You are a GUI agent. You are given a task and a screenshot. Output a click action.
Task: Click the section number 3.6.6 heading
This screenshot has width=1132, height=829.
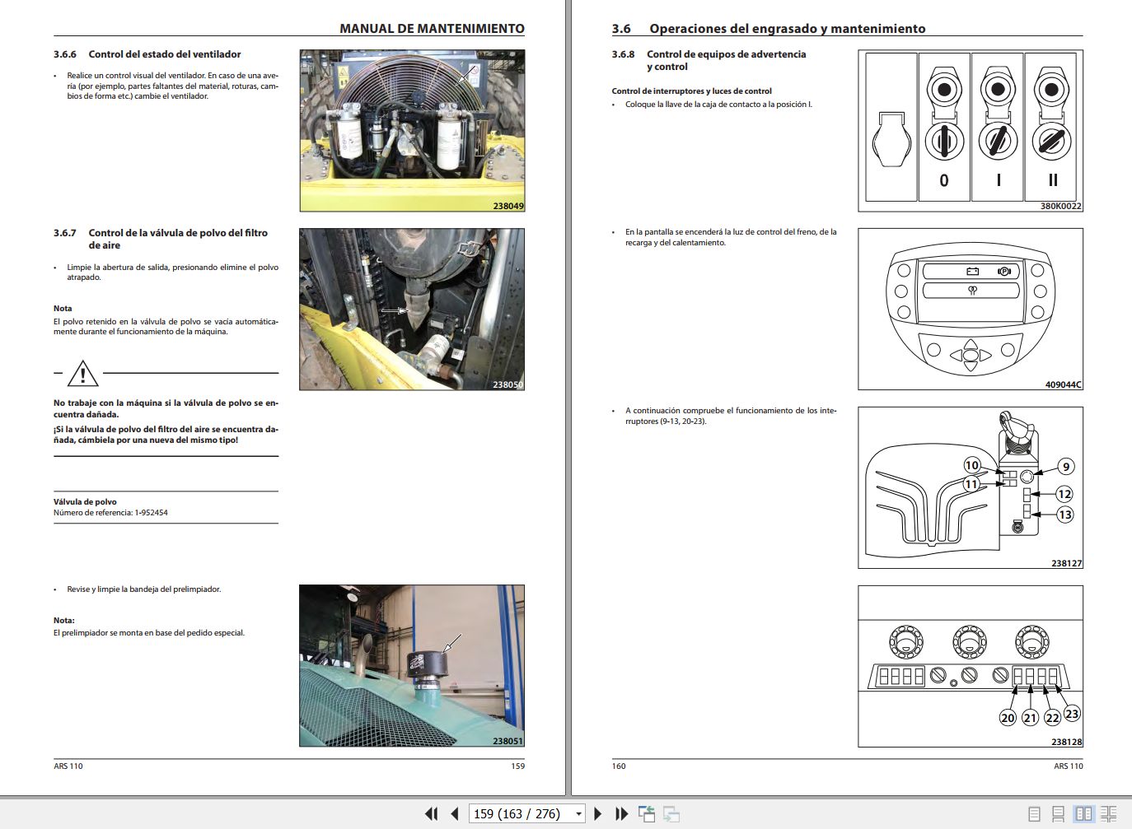pos(65,54)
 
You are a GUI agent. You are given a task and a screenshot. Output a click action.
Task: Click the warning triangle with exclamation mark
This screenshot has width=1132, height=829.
pos(83,375)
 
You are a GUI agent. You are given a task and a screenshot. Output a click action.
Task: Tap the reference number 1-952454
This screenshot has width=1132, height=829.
pos(151,513)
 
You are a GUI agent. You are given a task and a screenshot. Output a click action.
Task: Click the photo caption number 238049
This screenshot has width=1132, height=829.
pos(508,206)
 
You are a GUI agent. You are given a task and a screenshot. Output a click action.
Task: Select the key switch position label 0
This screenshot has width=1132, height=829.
pos(944,180)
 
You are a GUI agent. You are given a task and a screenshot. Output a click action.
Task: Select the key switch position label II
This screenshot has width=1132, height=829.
pos(1052,180)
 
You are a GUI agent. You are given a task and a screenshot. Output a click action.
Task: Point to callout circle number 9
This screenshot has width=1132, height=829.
pos(1065,467)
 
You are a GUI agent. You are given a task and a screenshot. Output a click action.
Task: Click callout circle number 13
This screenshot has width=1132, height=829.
pos(1064,515)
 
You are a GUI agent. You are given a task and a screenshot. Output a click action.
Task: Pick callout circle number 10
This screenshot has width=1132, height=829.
pos(972,465)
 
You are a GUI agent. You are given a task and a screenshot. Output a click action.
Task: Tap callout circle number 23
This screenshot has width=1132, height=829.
pos(1071,714)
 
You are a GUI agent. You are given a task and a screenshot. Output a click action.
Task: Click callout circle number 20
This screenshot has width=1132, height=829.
pos(1008,718)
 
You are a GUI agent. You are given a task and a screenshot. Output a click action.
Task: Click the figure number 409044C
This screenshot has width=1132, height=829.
pos(1063,384)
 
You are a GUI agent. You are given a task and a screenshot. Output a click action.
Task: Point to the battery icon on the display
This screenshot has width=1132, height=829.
pos(972,271)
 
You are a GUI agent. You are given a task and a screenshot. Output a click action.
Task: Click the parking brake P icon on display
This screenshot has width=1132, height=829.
pos(1003,271)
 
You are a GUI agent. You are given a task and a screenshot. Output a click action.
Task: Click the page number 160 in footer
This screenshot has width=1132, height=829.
pos(619,766)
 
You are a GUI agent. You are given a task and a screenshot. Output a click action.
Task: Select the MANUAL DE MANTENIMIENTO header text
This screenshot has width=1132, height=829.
pos(432,29)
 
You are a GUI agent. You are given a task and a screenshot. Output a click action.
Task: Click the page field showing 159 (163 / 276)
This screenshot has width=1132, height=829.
pos(517,813)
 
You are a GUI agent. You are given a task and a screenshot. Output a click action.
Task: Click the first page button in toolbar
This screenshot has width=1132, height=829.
pos(431,813)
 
